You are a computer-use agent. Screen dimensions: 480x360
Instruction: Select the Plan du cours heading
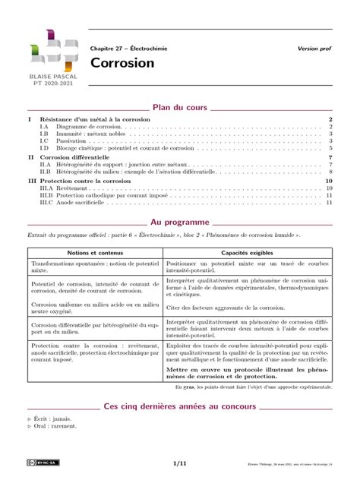pos(179,108)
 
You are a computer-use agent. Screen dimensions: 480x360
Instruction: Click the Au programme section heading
pos(179,223)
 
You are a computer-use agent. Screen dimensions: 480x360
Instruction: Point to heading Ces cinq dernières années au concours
pos(180,406)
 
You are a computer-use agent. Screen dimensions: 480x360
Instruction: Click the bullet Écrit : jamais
pos(52,418)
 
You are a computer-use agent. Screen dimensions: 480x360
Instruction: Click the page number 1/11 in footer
pos(180,462)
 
